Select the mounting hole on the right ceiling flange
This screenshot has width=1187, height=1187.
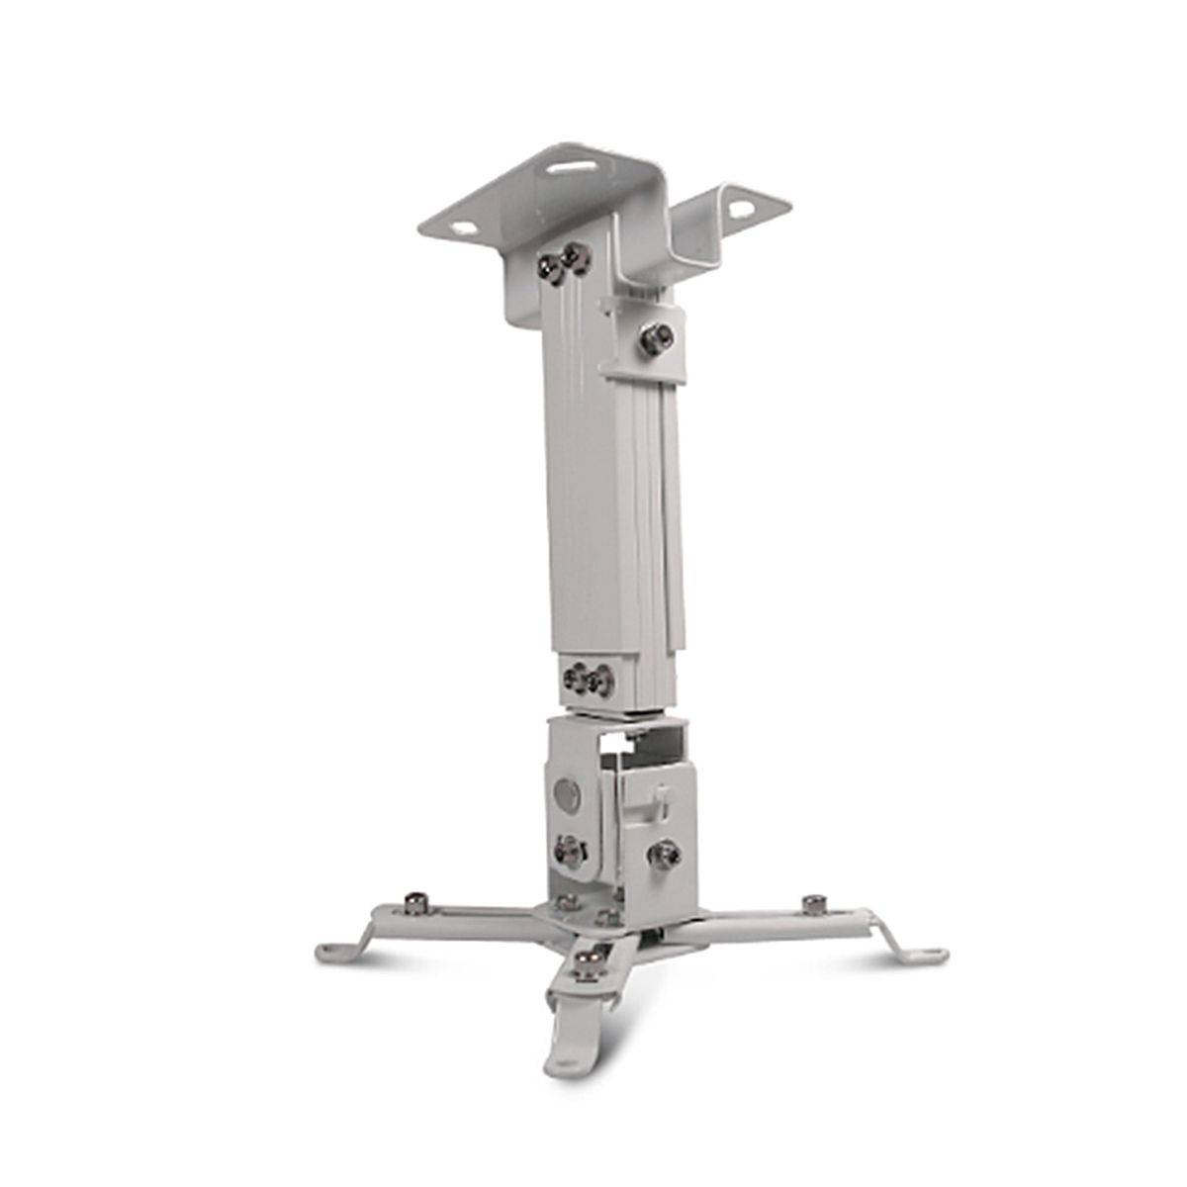(739, 208)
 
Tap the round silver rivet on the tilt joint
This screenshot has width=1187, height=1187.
(565, 794)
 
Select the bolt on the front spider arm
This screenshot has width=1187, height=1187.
(594, 959)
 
